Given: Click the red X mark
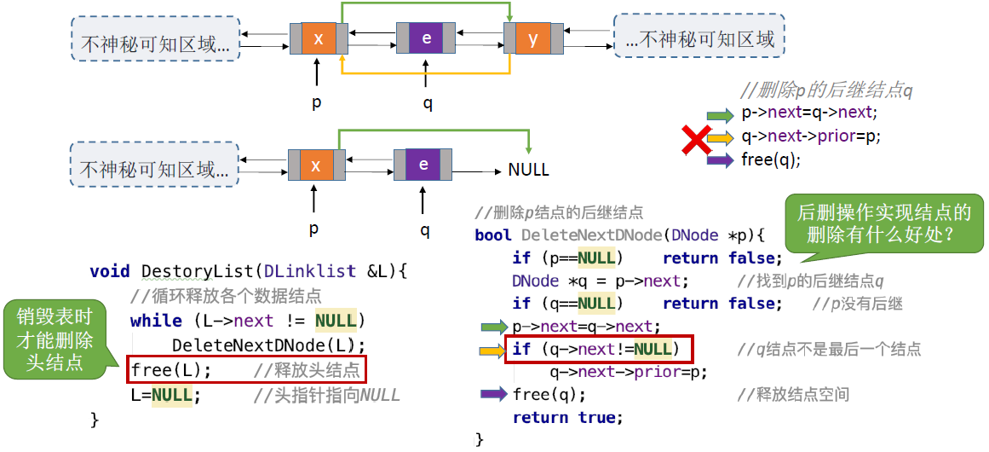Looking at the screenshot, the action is tap(695, 139).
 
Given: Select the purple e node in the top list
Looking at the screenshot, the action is tap(427, 38).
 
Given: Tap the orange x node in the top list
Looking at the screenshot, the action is tap(319, 38).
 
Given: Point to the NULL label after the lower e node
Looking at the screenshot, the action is tap(528, 171).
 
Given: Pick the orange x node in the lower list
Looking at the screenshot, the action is tap(317, 165).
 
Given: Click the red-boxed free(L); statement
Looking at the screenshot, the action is tap(247, 370).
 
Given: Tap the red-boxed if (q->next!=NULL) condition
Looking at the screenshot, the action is tap(599, 349).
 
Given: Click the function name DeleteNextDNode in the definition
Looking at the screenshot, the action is tap(592, 235).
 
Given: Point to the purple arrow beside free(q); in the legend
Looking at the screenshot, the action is tap(721, 160).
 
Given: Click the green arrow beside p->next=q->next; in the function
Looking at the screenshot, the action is tap(494, 327).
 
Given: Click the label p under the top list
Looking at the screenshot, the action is tap(317, 102).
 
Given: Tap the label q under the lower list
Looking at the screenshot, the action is tap(425, 229).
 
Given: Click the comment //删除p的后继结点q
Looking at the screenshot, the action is tap(827, 90).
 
